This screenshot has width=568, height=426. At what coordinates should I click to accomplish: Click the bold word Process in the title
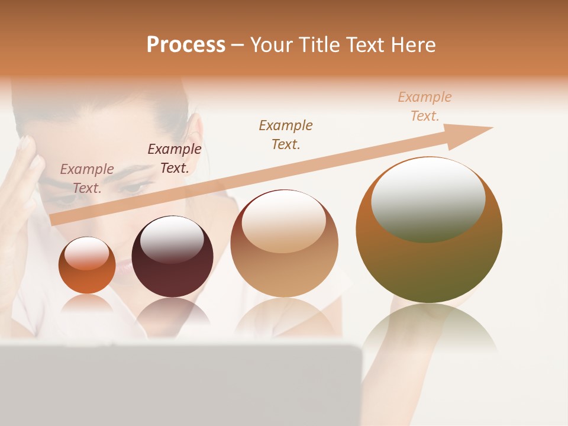click(x=186, y=45)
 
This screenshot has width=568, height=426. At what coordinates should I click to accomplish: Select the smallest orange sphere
click(x=87, y=266)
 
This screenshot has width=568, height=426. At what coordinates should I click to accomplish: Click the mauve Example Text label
click(x=87, y=178)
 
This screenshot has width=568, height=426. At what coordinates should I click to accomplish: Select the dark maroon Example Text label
click(x=175, y=159)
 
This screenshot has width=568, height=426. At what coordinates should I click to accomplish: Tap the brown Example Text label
click(x=286, y=134)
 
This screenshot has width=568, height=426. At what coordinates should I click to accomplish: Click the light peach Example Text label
click(x=425, y=106)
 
